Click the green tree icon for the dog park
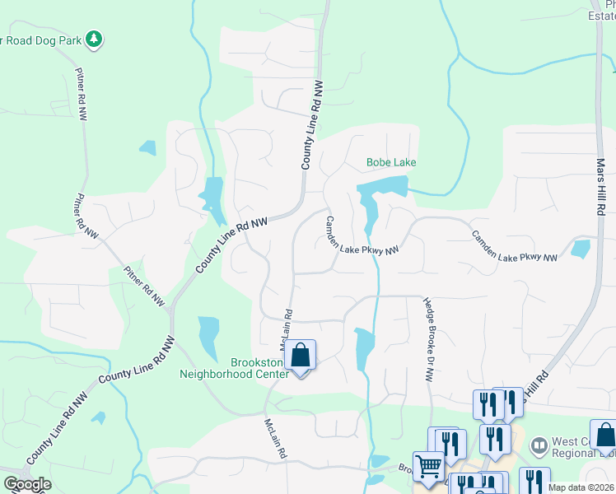[x=95, y=39]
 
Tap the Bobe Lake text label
[x=391, y=163]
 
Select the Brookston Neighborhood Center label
[x=235, y=367]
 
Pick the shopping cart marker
[x=428, y=467]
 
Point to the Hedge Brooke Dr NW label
[x=428, y=339]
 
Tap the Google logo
[x=27, y=483]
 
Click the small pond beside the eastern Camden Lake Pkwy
[x=580, y=248]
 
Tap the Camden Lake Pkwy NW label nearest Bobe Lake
[x=362, y=236]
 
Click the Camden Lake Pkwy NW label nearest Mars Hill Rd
[x=514, y=247]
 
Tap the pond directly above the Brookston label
[x=209, y=337]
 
